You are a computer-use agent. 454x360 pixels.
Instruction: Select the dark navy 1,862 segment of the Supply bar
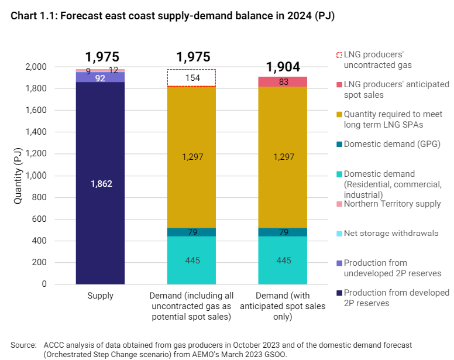point(100,183)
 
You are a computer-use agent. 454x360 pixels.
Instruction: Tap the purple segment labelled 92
point(100,77)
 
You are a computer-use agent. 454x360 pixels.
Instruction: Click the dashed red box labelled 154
point(191,78)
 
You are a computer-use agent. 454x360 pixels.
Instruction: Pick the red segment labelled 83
point(283,81)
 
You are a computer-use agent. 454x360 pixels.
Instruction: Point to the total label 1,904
point(283,67)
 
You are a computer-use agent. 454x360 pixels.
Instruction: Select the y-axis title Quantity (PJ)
point(18,176)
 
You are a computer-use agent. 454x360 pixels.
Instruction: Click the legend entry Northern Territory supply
point(392,204)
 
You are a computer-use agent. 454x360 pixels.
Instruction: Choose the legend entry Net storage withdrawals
point(391,233)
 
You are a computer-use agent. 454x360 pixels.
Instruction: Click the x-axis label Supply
point(100,296)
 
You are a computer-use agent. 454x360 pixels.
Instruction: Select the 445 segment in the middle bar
point(191,260)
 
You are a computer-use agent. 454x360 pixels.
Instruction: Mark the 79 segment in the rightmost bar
point(283,232)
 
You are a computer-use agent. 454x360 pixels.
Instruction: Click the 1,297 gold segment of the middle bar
point(191,157)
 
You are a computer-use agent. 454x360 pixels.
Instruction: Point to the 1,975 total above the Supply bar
point(102,57)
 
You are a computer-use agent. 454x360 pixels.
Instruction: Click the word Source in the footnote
point(23,345)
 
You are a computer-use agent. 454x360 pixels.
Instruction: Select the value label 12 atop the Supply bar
point(113,70)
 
